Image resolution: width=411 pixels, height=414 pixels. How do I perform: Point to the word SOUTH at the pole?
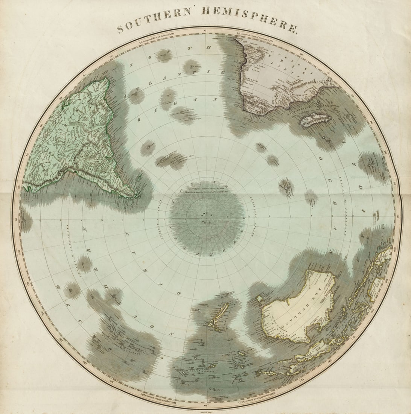[x=206, y=213]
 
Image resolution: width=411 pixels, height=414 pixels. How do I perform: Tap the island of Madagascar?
[x=315, y=120]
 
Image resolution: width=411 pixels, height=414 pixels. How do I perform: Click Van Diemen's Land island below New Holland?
[x=259, y=299]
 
